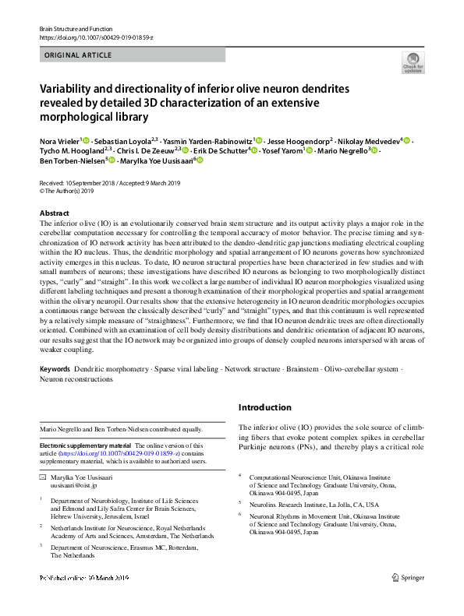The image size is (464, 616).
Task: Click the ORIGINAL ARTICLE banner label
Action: tap(79, 55)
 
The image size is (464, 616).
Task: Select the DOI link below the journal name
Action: tap(96, 37)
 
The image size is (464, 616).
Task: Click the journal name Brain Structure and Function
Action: tap(76, 29)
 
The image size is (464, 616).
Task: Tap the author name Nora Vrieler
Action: tap(58, 141)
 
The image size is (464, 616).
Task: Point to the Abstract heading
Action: tap(54, 213)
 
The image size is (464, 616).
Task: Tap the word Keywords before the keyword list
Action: tap(54, 368)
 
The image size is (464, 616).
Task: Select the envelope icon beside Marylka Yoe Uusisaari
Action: tap(44, 475)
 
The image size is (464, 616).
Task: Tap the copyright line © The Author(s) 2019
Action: tap(66, 191)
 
